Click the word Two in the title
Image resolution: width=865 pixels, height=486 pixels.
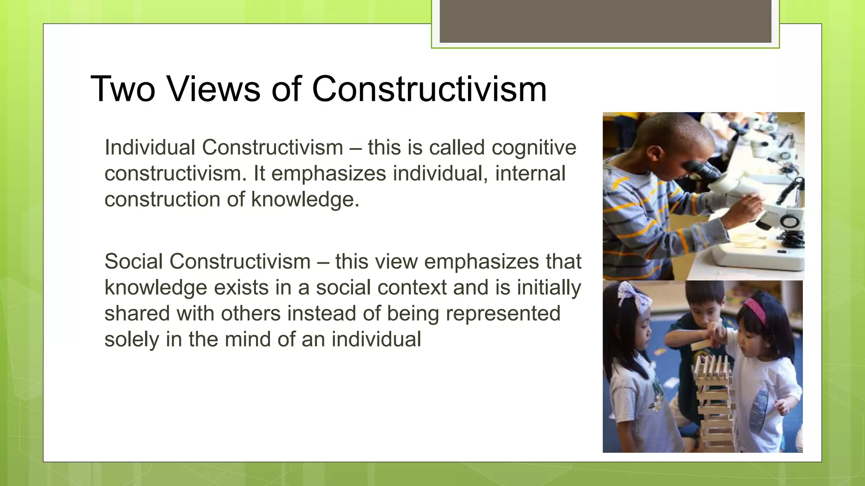coord(123,89)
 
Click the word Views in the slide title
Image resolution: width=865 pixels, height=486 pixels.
coord(213,89)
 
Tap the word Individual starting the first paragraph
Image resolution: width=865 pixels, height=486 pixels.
coord(150,148)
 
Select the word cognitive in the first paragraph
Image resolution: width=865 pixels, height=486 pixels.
coord(534,148)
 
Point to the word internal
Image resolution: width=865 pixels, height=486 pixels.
coord(530,173)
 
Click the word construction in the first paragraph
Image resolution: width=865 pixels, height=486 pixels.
coord(162,199)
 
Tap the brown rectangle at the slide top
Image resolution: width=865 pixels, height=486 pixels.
coord(605,21)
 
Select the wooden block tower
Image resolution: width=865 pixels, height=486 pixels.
coord(714,401)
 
